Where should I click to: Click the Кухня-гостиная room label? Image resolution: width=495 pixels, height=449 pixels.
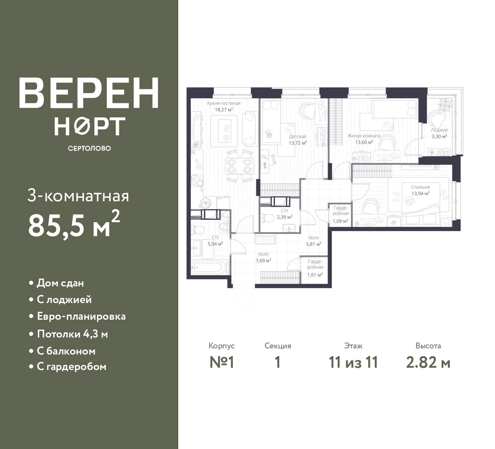coord(224,103)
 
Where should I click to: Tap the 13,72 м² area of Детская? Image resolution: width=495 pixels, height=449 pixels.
coord(298,143)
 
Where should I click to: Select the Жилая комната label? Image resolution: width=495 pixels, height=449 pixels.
coord(364,136)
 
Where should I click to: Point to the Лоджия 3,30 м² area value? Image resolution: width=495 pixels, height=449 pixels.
coord(439,136)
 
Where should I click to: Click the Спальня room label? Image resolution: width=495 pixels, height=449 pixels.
coord(420,187)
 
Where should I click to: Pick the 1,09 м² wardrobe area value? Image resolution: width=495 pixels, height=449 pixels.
coord(340,221)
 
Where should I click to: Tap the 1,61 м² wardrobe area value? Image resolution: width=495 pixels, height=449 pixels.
coord(315,275)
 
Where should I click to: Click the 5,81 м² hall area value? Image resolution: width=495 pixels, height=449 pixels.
coord(314,244)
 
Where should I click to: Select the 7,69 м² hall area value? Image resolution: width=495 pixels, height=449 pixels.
coord(263,260)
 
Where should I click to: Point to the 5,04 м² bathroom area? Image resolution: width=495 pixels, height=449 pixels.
coord(215,244)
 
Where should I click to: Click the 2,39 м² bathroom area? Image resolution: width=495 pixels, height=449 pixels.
coord(285,217)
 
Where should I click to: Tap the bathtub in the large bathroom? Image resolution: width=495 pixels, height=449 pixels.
coord(208,267)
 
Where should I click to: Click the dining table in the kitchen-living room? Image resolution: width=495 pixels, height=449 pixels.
coord(239,166)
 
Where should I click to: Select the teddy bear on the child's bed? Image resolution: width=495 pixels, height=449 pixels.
coord(268,134)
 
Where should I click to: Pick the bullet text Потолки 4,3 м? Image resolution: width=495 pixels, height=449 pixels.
coord(72,334)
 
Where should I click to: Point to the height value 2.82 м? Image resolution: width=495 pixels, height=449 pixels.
coord(428,363)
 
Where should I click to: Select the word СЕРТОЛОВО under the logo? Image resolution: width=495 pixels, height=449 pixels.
coord(89,148)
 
